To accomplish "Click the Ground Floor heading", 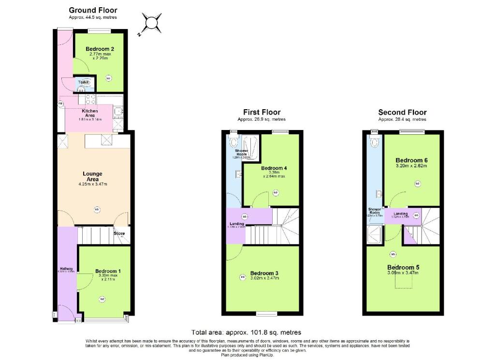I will [x=93, y=10].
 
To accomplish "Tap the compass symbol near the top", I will [x=151, y=22].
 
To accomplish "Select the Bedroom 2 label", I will [x=100, y=49].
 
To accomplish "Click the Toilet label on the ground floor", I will [x=84, y=83].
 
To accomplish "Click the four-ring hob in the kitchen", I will [x=89, y=99].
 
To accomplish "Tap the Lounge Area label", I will [x=92, y=176].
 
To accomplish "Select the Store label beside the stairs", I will [x=119, y=234].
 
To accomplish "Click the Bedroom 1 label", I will [x=108, y=271].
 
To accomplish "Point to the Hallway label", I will [x=66, y=269].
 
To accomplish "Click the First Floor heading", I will [x=262, y=113].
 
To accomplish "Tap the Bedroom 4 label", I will [x=274, y=168].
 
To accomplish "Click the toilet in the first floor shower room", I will [x=234, y=142].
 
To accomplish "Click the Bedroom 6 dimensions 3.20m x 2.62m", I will [x=411, y=166].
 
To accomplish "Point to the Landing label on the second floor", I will [x=400, y=214].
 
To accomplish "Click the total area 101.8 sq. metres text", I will [x=247, y=332].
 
